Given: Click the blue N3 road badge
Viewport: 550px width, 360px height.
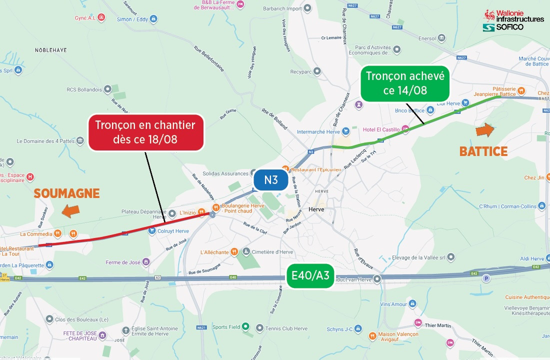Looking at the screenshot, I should (x=270, y=180).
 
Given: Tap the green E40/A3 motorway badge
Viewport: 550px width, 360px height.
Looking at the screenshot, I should (x=310, y=276).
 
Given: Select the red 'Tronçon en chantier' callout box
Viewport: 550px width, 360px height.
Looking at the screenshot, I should (x=145, y=132).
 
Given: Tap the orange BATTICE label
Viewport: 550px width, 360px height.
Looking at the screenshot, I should (x=483, y=151).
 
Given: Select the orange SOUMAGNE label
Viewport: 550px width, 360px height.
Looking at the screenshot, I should (x=66, y=193).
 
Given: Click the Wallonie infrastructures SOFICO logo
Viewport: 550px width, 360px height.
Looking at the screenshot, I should (x=513, y=20).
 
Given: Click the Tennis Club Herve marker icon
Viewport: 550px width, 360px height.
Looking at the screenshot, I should (x=259, y=328).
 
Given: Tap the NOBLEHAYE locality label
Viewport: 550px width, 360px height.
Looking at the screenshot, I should (x=50, y=50).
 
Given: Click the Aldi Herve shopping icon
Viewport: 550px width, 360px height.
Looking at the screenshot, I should (x=540, y=258).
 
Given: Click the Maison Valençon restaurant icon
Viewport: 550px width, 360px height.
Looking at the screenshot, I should (x=372, y=335).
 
